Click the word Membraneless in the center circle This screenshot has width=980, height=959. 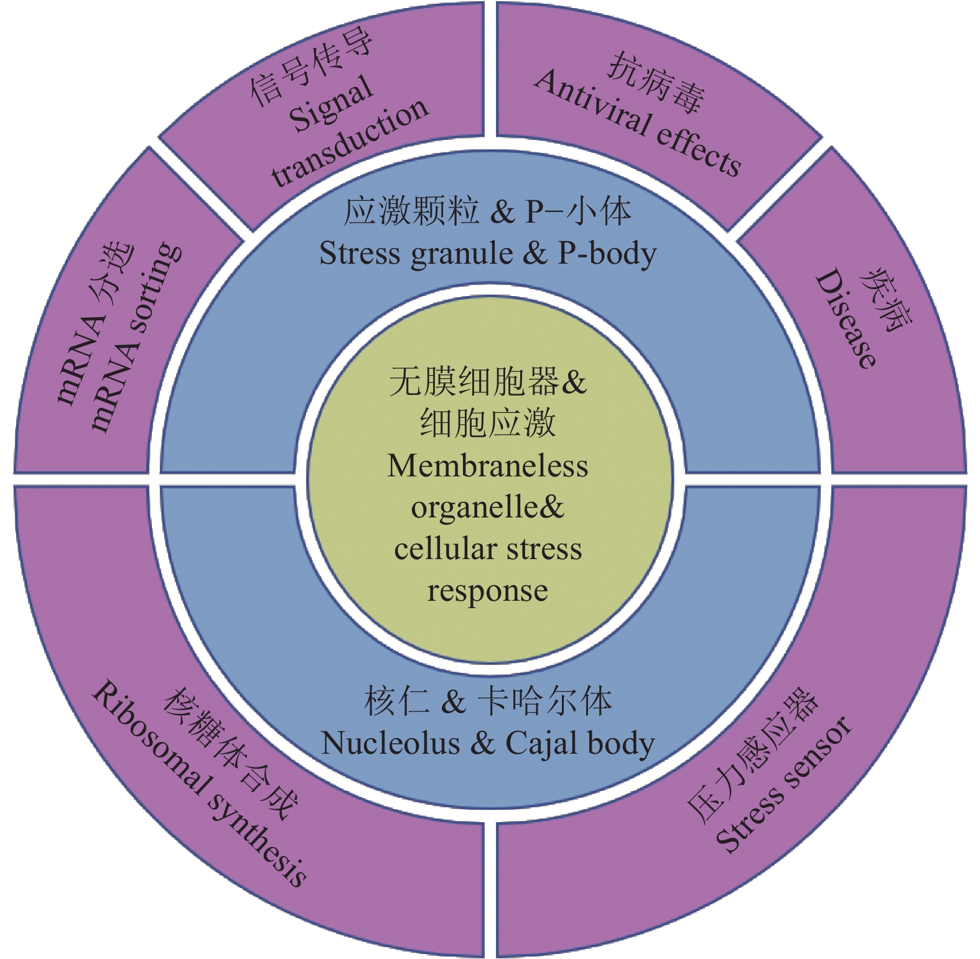487,466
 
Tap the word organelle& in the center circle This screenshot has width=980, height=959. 487,507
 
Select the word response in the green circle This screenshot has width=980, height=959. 487,591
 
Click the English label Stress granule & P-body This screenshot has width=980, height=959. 488,254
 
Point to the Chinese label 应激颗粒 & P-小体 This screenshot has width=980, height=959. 488,211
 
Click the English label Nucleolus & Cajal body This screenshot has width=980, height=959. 488,743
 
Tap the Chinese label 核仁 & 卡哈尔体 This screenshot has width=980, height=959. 488,702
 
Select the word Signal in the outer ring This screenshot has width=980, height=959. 332,106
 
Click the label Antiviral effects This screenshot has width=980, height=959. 638,124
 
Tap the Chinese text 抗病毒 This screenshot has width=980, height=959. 656,85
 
